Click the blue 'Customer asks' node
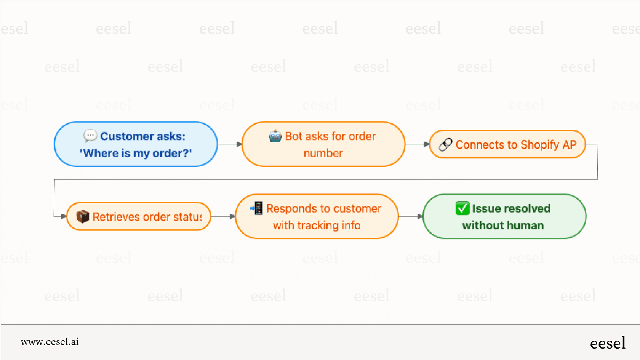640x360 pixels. [136, 144]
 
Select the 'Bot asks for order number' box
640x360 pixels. [323, 144]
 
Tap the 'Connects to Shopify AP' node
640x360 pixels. [507, 144]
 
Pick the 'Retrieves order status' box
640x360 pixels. [139, 217]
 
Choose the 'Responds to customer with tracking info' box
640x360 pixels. [317, 217]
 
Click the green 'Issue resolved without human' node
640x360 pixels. [504, 217]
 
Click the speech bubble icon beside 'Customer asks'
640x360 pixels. [90, 136]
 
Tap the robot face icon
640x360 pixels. [275, 136]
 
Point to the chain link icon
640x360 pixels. [445, 144]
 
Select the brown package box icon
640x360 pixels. [83, 217]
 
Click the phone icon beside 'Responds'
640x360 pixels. [257, 208]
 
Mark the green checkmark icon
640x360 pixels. [462, 208]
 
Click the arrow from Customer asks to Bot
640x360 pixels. [230, 144]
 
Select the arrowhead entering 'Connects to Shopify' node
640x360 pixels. [426, 144]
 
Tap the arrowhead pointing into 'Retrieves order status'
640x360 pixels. [64, 216]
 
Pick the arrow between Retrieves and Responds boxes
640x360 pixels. [223, 216]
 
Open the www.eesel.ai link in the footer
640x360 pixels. [50, 342]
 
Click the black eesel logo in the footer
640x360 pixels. [608, 343]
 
